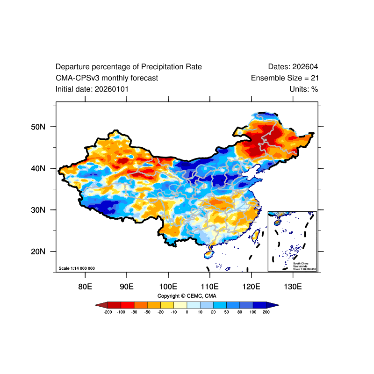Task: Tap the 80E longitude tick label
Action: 85,286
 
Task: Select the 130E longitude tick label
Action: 293,286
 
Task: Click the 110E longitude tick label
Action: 209,286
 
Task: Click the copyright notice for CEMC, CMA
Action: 187,296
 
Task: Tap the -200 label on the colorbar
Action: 108,312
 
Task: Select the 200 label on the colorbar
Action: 266,312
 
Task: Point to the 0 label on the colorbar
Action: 187,312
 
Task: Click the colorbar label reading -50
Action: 147,312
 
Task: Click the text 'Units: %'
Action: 303,89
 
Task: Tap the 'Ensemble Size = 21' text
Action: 285,78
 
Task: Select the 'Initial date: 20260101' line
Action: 92,89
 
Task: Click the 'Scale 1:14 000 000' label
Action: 77,268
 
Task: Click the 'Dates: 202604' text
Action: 293,67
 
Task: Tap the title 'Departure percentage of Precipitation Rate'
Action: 129,67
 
